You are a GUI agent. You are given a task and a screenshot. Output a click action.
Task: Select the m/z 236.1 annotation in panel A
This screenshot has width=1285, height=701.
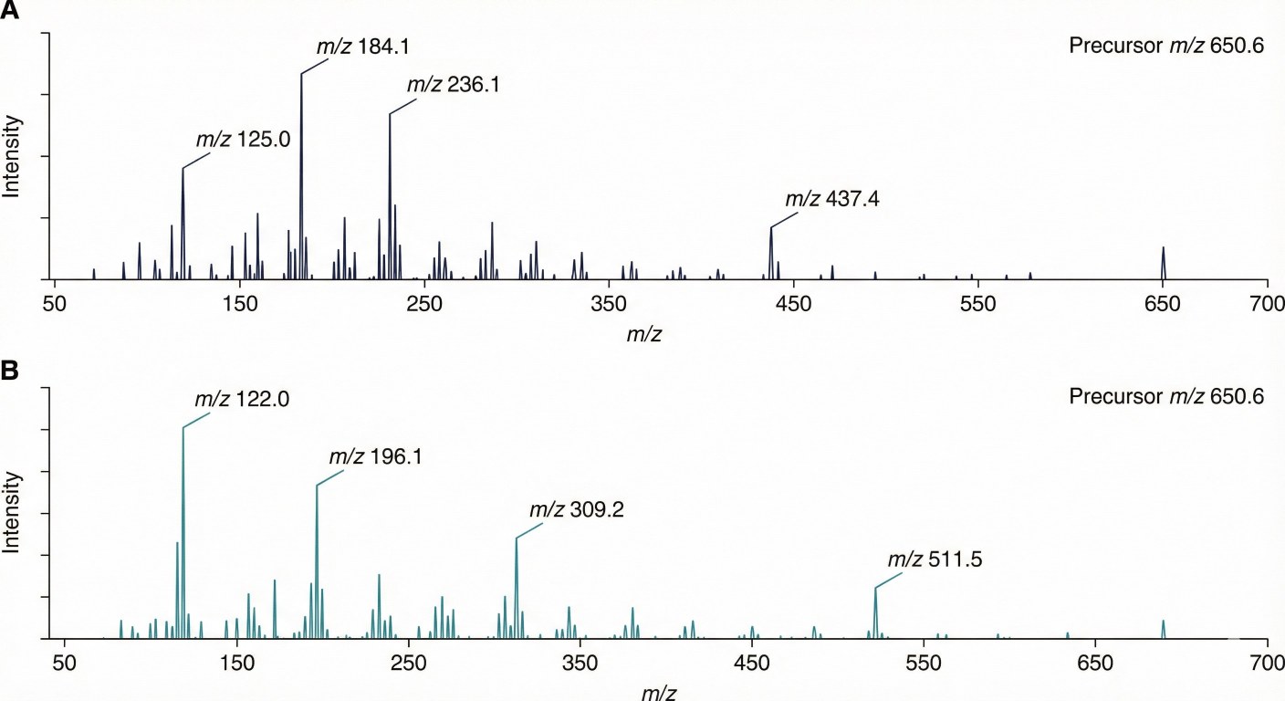[x=453, y=85]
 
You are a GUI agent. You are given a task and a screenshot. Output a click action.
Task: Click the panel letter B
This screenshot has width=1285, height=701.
[x=11, y=372]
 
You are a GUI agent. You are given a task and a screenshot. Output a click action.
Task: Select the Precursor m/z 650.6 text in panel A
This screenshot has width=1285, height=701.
[x=1166, y=46]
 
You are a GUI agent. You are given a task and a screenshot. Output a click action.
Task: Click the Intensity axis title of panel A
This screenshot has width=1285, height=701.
[x=12, y=156]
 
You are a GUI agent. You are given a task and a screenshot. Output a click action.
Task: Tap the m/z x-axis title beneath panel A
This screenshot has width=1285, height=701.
[x=644, y=333]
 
